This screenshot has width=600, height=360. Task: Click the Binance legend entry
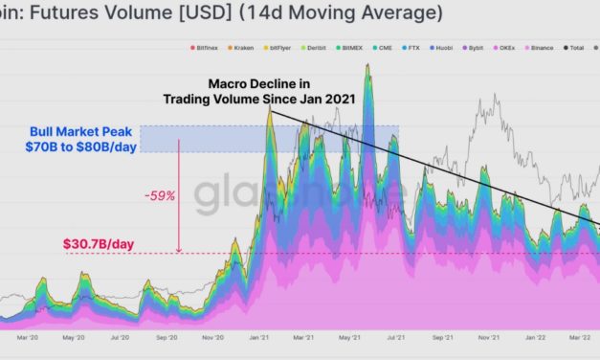(x=543, y=47)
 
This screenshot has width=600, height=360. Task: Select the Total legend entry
(x=577, y=47)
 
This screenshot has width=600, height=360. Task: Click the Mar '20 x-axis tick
(x=27, y=337)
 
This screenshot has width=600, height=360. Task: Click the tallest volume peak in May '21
(x=367, y=65)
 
